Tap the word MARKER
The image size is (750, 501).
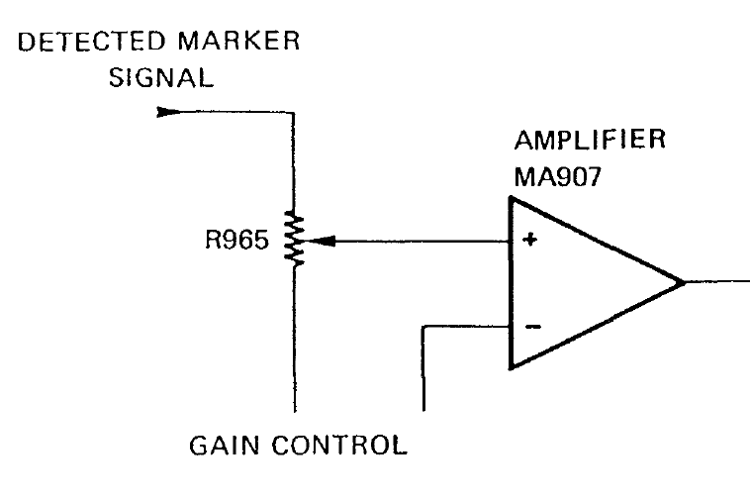point(238,41)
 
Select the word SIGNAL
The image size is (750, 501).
point(160,78)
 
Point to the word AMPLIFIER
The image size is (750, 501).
point(590,140)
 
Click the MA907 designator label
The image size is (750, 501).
point(557,177)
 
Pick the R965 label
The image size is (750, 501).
point(236,240)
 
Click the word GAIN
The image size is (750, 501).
point(224,446)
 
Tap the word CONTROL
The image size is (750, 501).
point(339,446)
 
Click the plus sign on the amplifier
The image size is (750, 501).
point(530,240)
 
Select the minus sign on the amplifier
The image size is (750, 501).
point(533,327)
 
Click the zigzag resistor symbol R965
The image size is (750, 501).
point(294,238)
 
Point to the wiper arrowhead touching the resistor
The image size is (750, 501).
point(320,242)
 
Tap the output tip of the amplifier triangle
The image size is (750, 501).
point(684,283)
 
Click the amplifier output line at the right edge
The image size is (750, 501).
point(717,282)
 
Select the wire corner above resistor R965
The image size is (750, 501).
point(293,113)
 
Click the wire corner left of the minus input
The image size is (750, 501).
point(423,328)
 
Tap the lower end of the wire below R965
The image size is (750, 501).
point(295,411)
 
